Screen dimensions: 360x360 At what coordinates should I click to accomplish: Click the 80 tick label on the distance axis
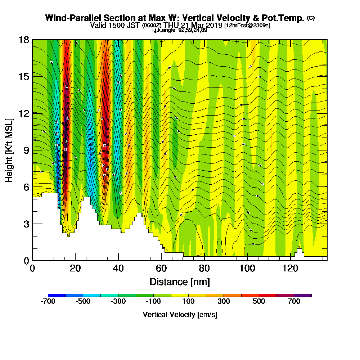pyautogui.click(x=204, y=269)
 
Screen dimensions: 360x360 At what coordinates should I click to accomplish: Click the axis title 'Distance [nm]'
pyautogui.click(x=180, y=282)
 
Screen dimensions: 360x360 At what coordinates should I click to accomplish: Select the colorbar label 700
pyautogui.click(x=294, y=302)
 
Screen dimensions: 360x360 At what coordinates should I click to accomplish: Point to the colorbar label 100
pyautogui.click(x=189, y=302)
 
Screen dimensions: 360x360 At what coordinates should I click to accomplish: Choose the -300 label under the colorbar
pyautogui.click(x=118, y=302)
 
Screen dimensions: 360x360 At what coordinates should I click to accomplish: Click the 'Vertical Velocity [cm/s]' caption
pyautogui.click(x=180, y=315)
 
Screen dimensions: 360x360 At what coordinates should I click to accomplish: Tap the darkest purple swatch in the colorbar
pyautogui.click(x=303, y=295)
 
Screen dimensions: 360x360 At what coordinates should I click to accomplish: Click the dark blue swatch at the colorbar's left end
pyautogui.click(x=57, y=295)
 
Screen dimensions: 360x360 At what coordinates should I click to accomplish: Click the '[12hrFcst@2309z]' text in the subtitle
pyautogui.click(x=247, y=26)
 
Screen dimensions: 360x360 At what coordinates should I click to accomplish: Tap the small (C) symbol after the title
pyautogui.click(x=311, y=18)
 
